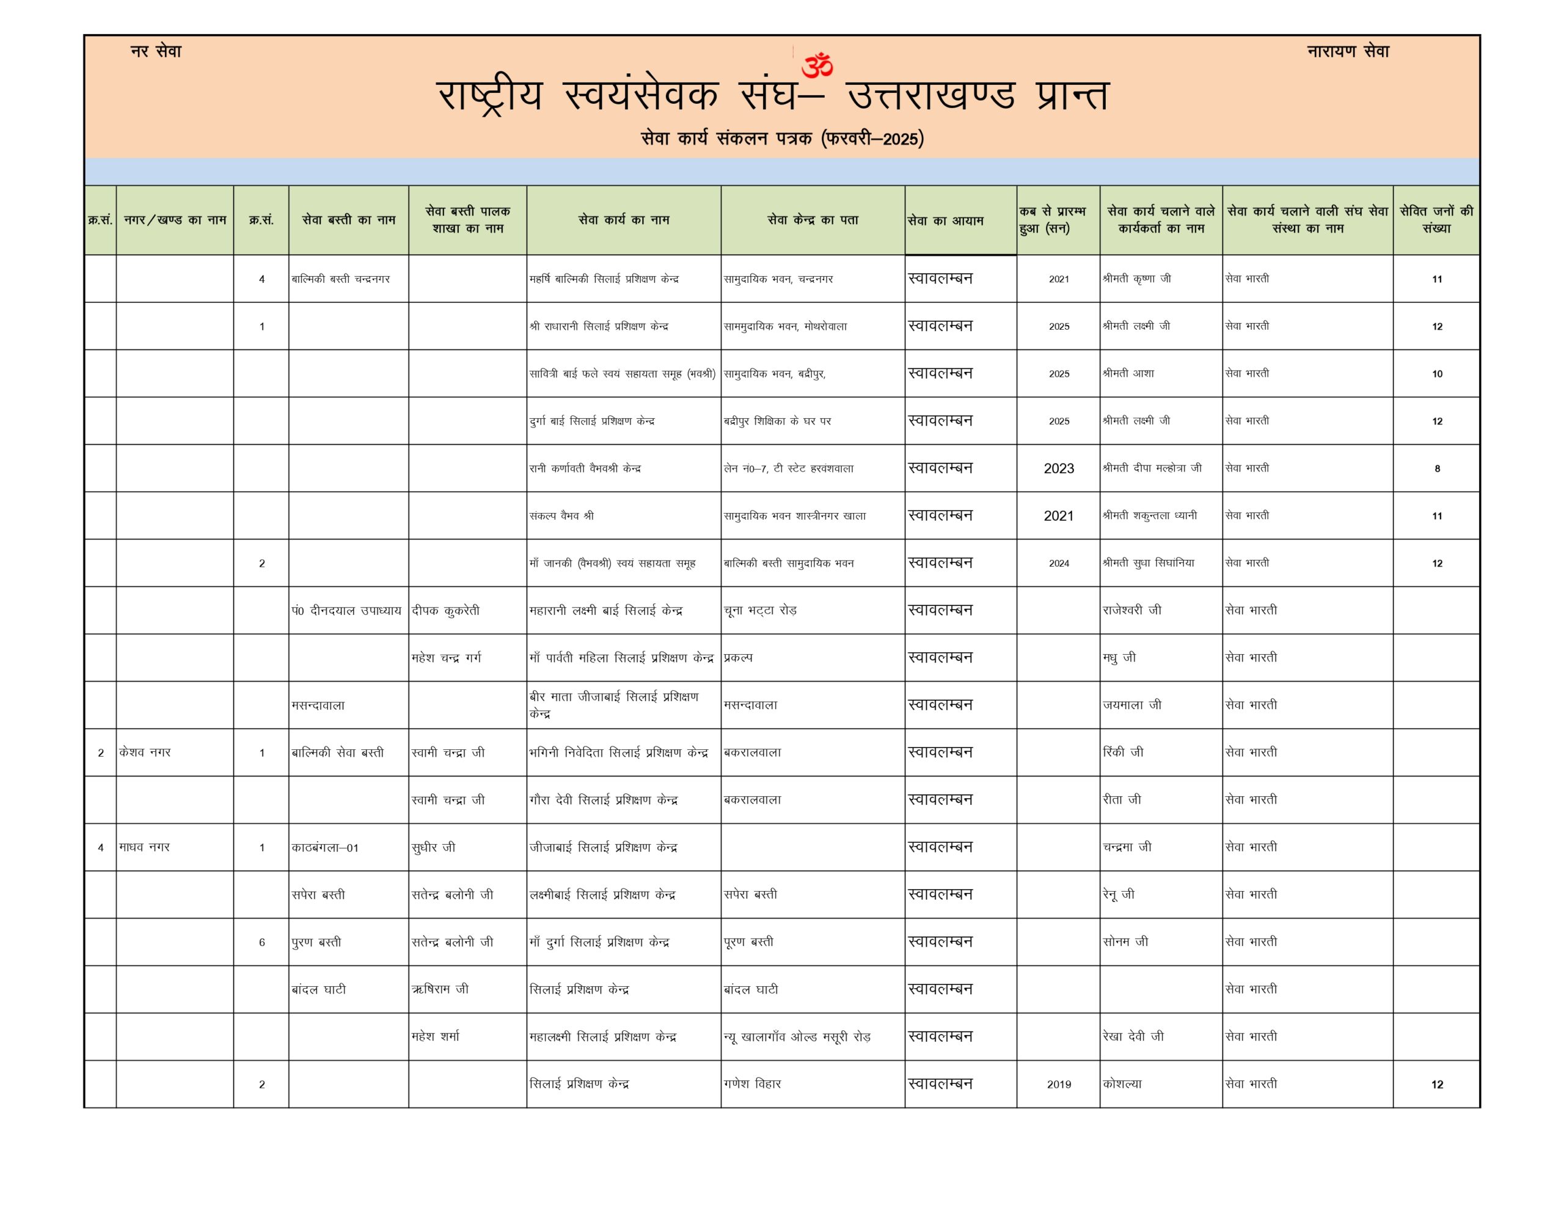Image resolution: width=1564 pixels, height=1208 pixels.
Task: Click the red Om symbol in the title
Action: click(x=817, y=65)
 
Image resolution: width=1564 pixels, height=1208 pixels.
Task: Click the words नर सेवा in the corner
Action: click(x=156, y=51)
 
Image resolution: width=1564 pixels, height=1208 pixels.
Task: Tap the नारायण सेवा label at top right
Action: click(x=1348, y=51)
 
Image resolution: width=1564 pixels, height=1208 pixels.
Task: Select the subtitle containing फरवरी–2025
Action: click(x=782, y=138)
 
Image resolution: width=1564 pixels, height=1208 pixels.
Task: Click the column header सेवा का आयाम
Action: click(x=945, y=220)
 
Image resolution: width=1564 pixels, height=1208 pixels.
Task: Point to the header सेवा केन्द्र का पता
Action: click(x=813, y=220)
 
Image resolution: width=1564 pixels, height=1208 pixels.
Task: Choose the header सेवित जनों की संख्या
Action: click(x=1436, y=220)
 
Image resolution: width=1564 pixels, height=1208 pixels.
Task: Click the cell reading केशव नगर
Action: click(x=145, y=752)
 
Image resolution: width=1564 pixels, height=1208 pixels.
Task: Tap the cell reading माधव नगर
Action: click(x=145, y=847)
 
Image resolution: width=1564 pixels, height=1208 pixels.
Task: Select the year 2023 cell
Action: click(x=1058, y=468)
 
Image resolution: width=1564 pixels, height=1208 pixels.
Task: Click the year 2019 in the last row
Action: click(x=1058, y=1084)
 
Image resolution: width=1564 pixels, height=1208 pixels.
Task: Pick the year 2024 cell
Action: click(x=1058, y=564)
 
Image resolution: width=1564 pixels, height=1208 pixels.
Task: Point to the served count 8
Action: click(x=1436, y=469)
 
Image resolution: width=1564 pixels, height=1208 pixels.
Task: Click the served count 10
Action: click(x=1436, y=374)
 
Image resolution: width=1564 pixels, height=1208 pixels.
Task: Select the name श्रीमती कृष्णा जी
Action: click(x=1136, y=278)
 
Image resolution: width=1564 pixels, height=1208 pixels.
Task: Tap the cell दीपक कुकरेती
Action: click(x=445, y=611)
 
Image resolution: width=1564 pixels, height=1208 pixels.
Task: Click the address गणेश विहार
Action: click(x=752, y=1084)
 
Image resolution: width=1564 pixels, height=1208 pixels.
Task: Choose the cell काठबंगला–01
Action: click(x=325, y=848)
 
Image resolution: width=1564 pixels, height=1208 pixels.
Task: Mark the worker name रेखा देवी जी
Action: click(x=1133, y=1036)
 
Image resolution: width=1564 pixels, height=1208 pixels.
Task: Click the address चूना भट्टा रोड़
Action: click(x=760, y=611)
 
